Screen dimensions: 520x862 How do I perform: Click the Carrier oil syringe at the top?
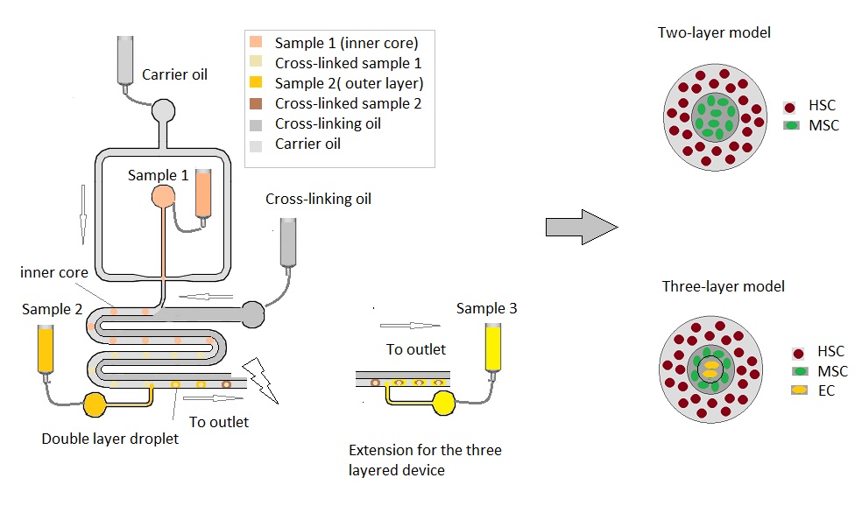pyautogui.click(x=126, y=57)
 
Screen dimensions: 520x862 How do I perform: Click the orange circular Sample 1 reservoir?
pyautogui.click(x=164, y=195)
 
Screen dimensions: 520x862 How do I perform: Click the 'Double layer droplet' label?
pyautogui.click(x=110, y=439)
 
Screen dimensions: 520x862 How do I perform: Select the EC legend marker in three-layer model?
pyautogui.click(x=798, y=390)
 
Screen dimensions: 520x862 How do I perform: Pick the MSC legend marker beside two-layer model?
pyautogui.click(x=792, y=125)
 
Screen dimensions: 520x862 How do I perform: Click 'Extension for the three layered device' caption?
pyautogui.click(x=425, y=460)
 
